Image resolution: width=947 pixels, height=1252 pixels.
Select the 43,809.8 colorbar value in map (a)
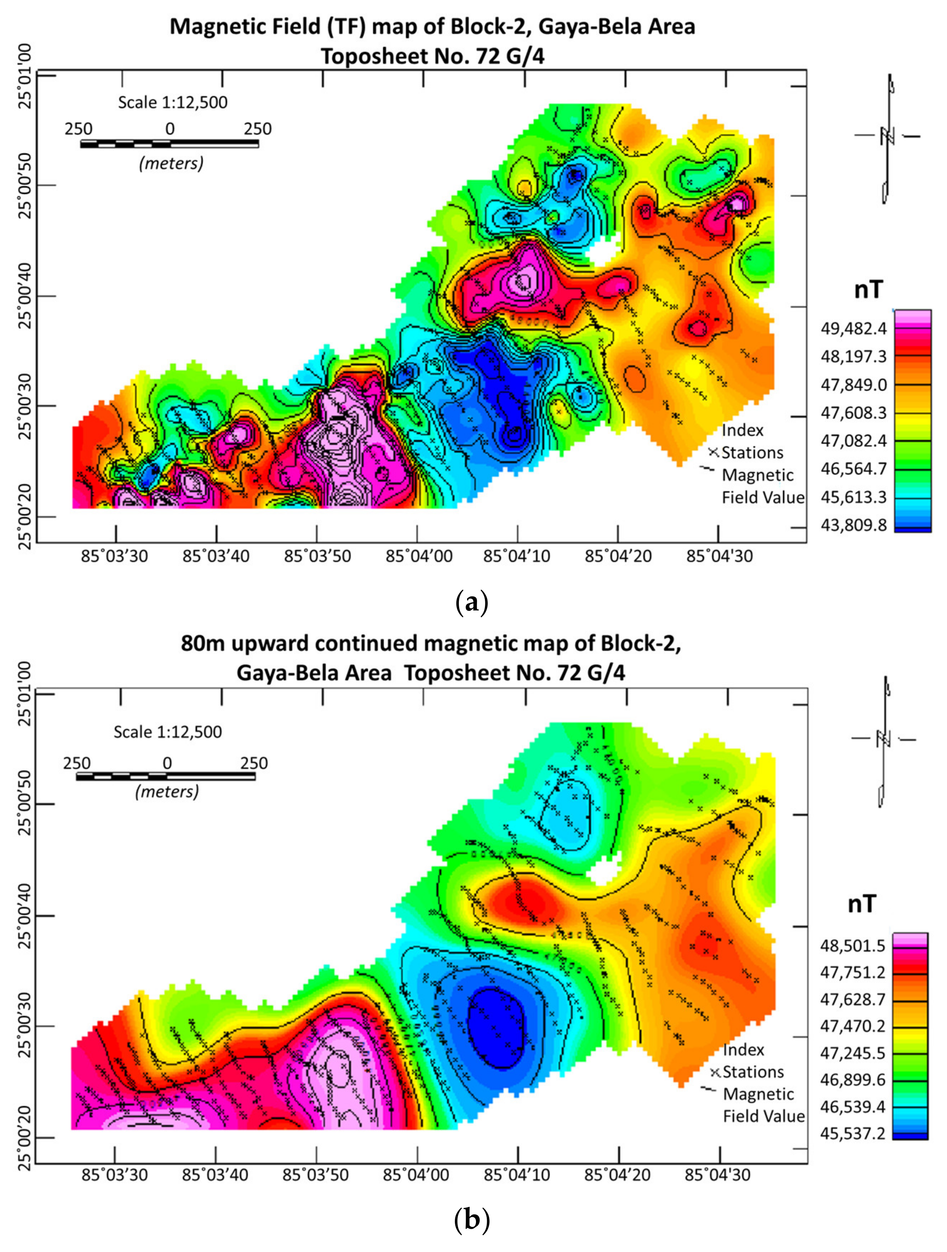(x=854, y=525)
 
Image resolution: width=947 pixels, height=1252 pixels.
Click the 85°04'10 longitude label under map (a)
(x=516, y=556)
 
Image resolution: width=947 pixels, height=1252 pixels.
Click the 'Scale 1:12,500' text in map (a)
(x=172, y=102)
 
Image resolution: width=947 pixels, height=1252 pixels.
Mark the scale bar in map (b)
(x=166, y=776)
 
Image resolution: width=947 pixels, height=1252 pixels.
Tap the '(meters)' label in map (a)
(x=171, y=164)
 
